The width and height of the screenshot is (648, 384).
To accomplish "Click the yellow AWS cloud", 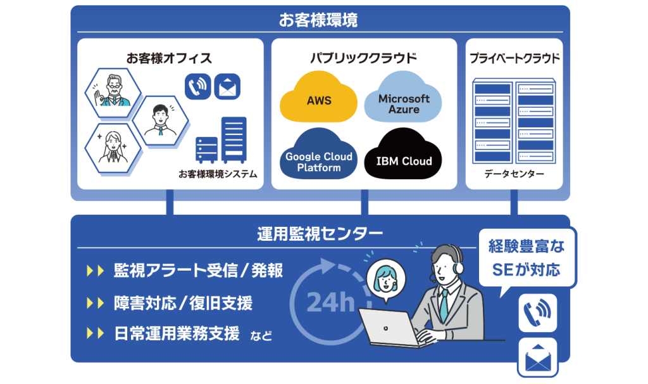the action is pyautogui.click(x=318, y=98).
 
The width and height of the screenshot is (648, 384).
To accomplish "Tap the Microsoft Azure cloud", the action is pyautogui.click(x=403, y=98).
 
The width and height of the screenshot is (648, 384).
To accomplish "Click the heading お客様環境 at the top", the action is pyautogui.click(x=318, y=20).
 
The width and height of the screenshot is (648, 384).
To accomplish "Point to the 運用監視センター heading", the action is pyautogui.click(x=320, y=234).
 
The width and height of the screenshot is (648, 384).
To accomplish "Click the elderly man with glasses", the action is pyautogui.click(x=113, y=91).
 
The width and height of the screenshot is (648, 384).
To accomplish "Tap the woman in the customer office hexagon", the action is pyautogui.click(x=113, y=148).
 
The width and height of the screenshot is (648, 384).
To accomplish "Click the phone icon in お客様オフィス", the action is pyautogui.click(x=198, y=86).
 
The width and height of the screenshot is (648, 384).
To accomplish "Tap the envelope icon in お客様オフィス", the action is pyautogui.click(x=227, y=86).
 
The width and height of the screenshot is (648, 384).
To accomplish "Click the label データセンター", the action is pyautogui.click(x=514, y=174).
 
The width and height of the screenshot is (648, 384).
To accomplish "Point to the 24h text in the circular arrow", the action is pyautogui.click(x=330, y=302).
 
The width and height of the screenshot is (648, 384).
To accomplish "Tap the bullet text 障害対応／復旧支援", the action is pyautogui.click(x=183, y=304).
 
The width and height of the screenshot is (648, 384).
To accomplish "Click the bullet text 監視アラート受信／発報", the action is pyautogui.click(x=198, y=271).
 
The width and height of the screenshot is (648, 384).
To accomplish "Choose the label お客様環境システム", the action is pyautogui.click(x=218, y=174).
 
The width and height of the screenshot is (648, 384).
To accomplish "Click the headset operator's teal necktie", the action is pyautogui.click(x=444, y=305).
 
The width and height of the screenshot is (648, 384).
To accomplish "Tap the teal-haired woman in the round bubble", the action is pyautogui.click(x=385, y=278).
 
